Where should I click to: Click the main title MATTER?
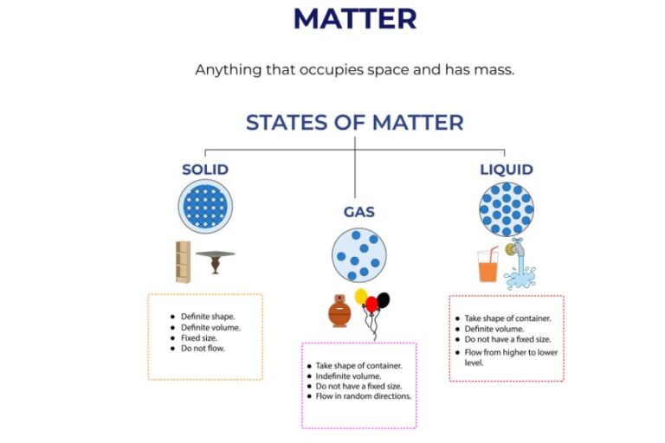pos(354,18)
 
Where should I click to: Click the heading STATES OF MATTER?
pos(354,122)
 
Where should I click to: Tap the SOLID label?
pos(205,170)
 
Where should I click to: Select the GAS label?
pos(358,213)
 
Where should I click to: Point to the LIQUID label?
pos(507,170)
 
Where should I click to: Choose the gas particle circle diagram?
pos(358,255)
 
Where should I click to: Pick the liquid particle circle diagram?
pos(507,209)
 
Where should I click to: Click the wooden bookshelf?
pos(183,261)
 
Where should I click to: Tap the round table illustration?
pos(215,260)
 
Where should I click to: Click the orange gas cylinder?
pos(339,311)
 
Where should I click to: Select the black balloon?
pos(383,300)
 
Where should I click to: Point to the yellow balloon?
pos(362,297)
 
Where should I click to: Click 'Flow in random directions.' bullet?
pos(364,396)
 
